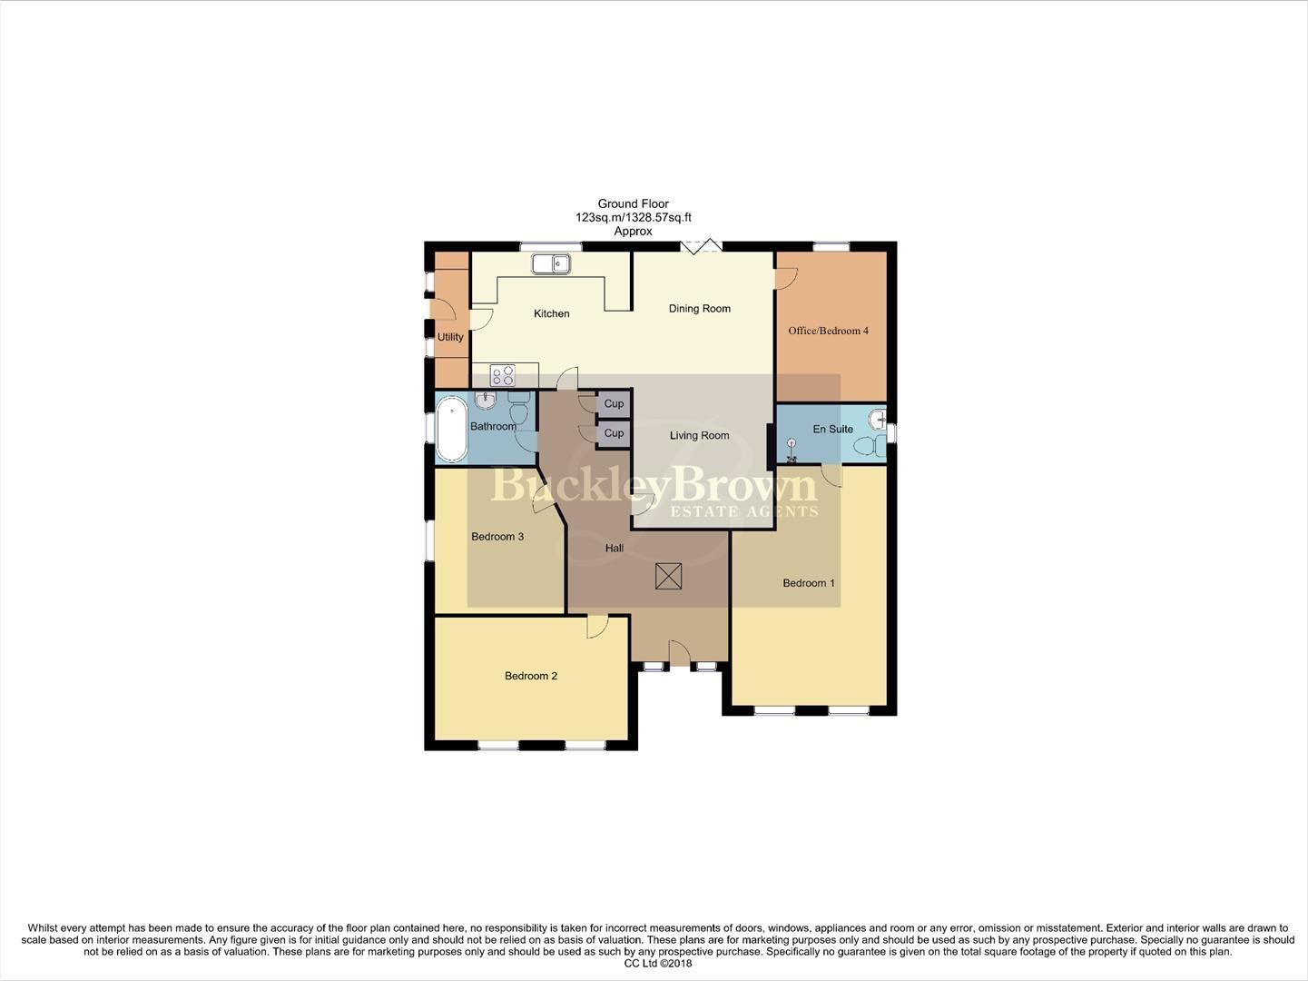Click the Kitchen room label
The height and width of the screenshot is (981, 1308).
pos(551,313)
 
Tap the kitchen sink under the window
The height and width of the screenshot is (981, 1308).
pos(551,264)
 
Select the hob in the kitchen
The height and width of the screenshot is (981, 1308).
pos(502,375)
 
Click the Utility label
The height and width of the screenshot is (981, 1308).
pos(450,337)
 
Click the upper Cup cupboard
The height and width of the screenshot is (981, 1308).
pos(614,403)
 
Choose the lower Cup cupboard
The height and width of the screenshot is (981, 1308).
pos(614,433)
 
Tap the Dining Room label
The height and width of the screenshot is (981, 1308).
pos(699,309)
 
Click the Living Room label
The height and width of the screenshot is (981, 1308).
pos(699,436)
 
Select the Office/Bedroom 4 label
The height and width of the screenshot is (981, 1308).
pos(828,331)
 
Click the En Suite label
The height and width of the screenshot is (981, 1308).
pos(832,429)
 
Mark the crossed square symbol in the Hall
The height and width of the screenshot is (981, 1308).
pos(669,576)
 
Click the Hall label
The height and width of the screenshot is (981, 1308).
pos(615,549)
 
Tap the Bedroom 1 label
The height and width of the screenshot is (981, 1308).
pos(809,583)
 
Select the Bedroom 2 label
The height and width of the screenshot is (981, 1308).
pos(531,676)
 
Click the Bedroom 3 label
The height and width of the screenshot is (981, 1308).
pos(497,537)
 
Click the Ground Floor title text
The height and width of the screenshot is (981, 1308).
pos(633,204)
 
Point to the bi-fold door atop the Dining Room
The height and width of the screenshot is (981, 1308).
pos(701,246)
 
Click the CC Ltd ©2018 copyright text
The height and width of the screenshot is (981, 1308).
pos(653,964)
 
